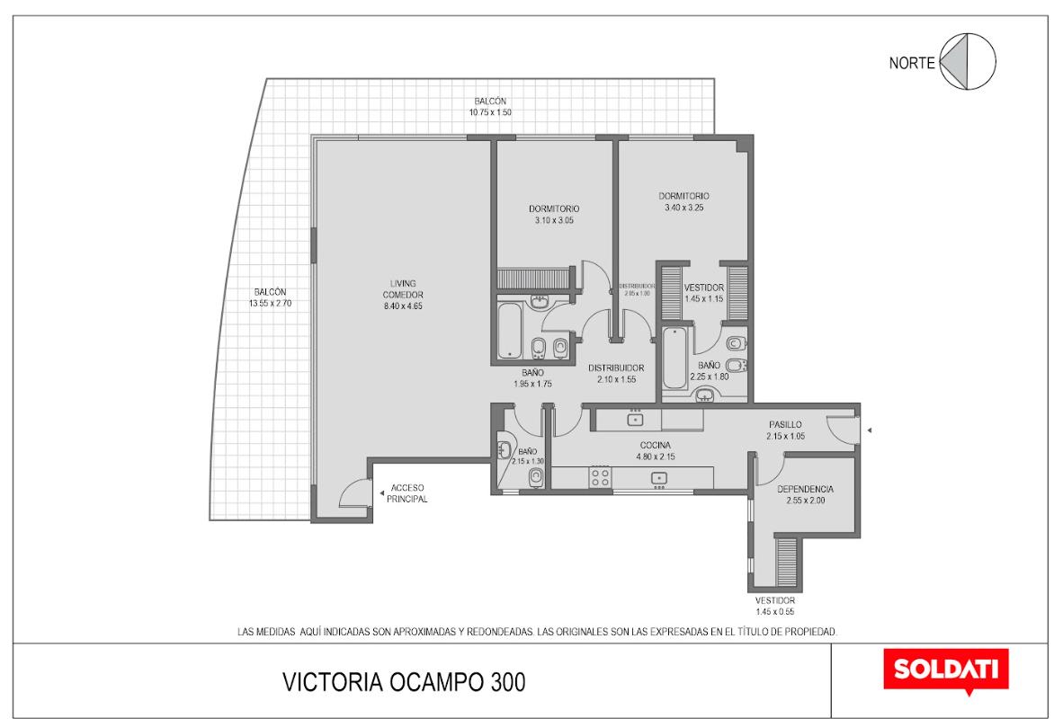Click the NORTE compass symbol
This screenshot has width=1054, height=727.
point(968,61)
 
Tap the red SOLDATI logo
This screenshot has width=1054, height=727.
point(945,669)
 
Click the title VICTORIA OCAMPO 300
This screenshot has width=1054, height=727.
point(404,682)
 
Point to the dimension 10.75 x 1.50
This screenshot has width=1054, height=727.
point(490,112)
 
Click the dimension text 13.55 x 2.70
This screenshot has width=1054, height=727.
point(270,303)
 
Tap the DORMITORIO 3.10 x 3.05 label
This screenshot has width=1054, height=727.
point(554,215)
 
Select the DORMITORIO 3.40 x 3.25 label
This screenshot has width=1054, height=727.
point(683,201)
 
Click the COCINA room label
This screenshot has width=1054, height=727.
point(656,445)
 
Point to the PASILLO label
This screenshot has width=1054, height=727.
point(785,425)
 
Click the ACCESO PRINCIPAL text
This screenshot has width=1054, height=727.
point(407,493)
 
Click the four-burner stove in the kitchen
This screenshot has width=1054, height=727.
point(600,478)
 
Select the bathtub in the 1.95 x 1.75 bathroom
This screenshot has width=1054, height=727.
point(510,331)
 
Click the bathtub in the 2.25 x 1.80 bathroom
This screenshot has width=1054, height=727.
point(674,359)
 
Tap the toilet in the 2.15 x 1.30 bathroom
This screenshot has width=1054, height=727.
point(536,476)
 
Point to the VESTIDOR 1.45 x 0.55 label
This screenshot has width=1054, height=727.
point(775,606)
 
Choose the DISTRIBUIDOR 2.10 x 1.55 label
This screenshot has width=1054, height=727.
point(616,374)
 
